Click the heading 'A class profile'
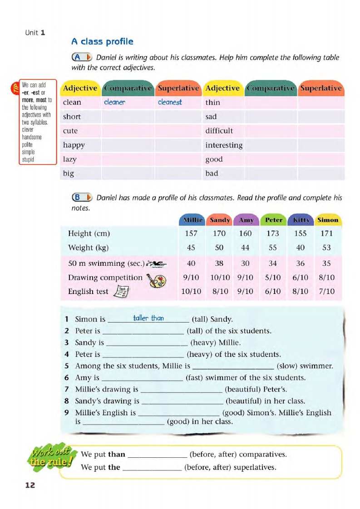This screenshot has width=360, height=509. click(102, 42)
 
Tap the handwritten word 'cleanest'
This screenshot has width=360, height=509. click(170, 103)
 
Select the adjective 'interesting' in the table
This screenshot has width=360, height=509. click(224, 145)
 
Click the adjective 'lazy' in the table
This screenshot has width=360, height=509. click(69, 159)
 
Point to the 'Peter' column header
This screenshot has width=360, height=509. click(273, 220)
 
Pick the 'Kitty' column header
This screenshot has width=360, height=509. click(301, 220)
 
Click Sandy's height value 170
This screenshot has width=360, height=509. click(219, 234)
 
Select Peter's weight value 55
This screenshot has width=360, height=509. click(273, 248)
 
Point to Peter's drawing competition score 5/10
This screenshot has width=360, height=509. click(273, 277)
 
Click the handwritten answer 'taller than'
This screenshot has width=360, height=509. click(148, 318)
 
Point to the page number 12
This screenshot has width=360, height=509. click(30, 485)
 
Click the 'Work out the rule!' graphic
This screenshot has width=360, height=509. click(51, 455)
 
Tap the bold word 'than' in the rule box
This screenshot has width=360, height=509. click(117, 454)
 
